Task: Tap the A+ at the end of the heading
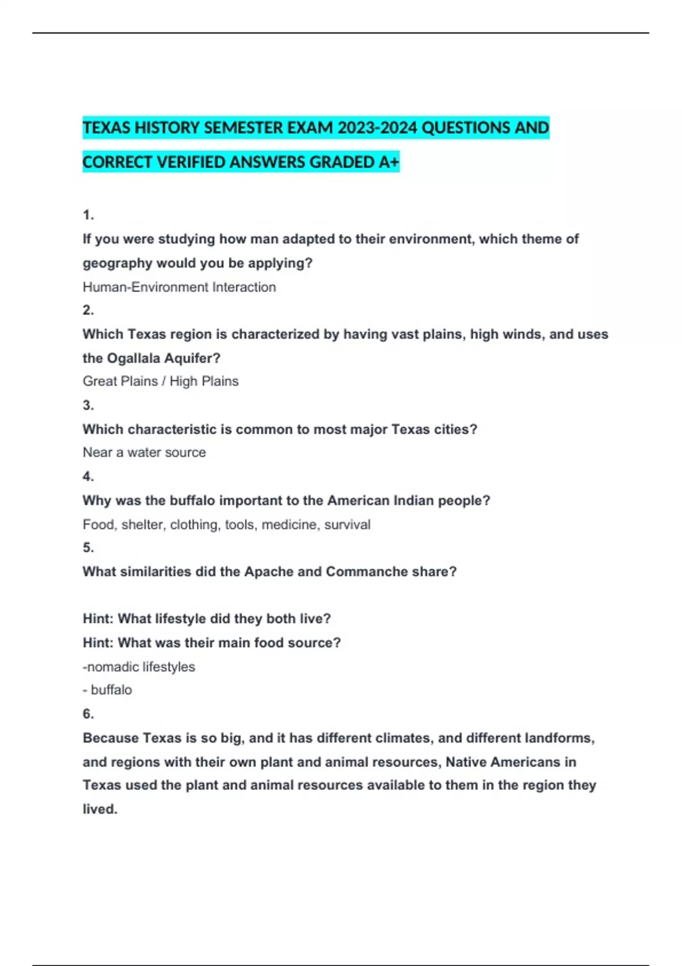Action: [x=389, y=163]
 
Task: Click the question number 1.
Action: [x=88, y=215]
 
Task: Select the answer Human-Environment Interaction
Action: [x=179, y=287]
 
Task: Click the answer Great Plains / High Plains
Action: [x=160, y=381]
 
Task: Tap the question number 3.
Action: [x=88, y=405]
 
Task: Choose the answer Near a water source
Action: [x=144, y=452]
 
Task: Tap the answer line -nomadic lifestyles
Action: [x=139, y=667]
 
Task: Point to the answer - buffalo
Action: [x=107, y=690]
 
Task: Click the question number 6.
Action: [x=88, y=714]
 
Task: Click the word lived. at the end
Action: [x=100, y=809]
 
